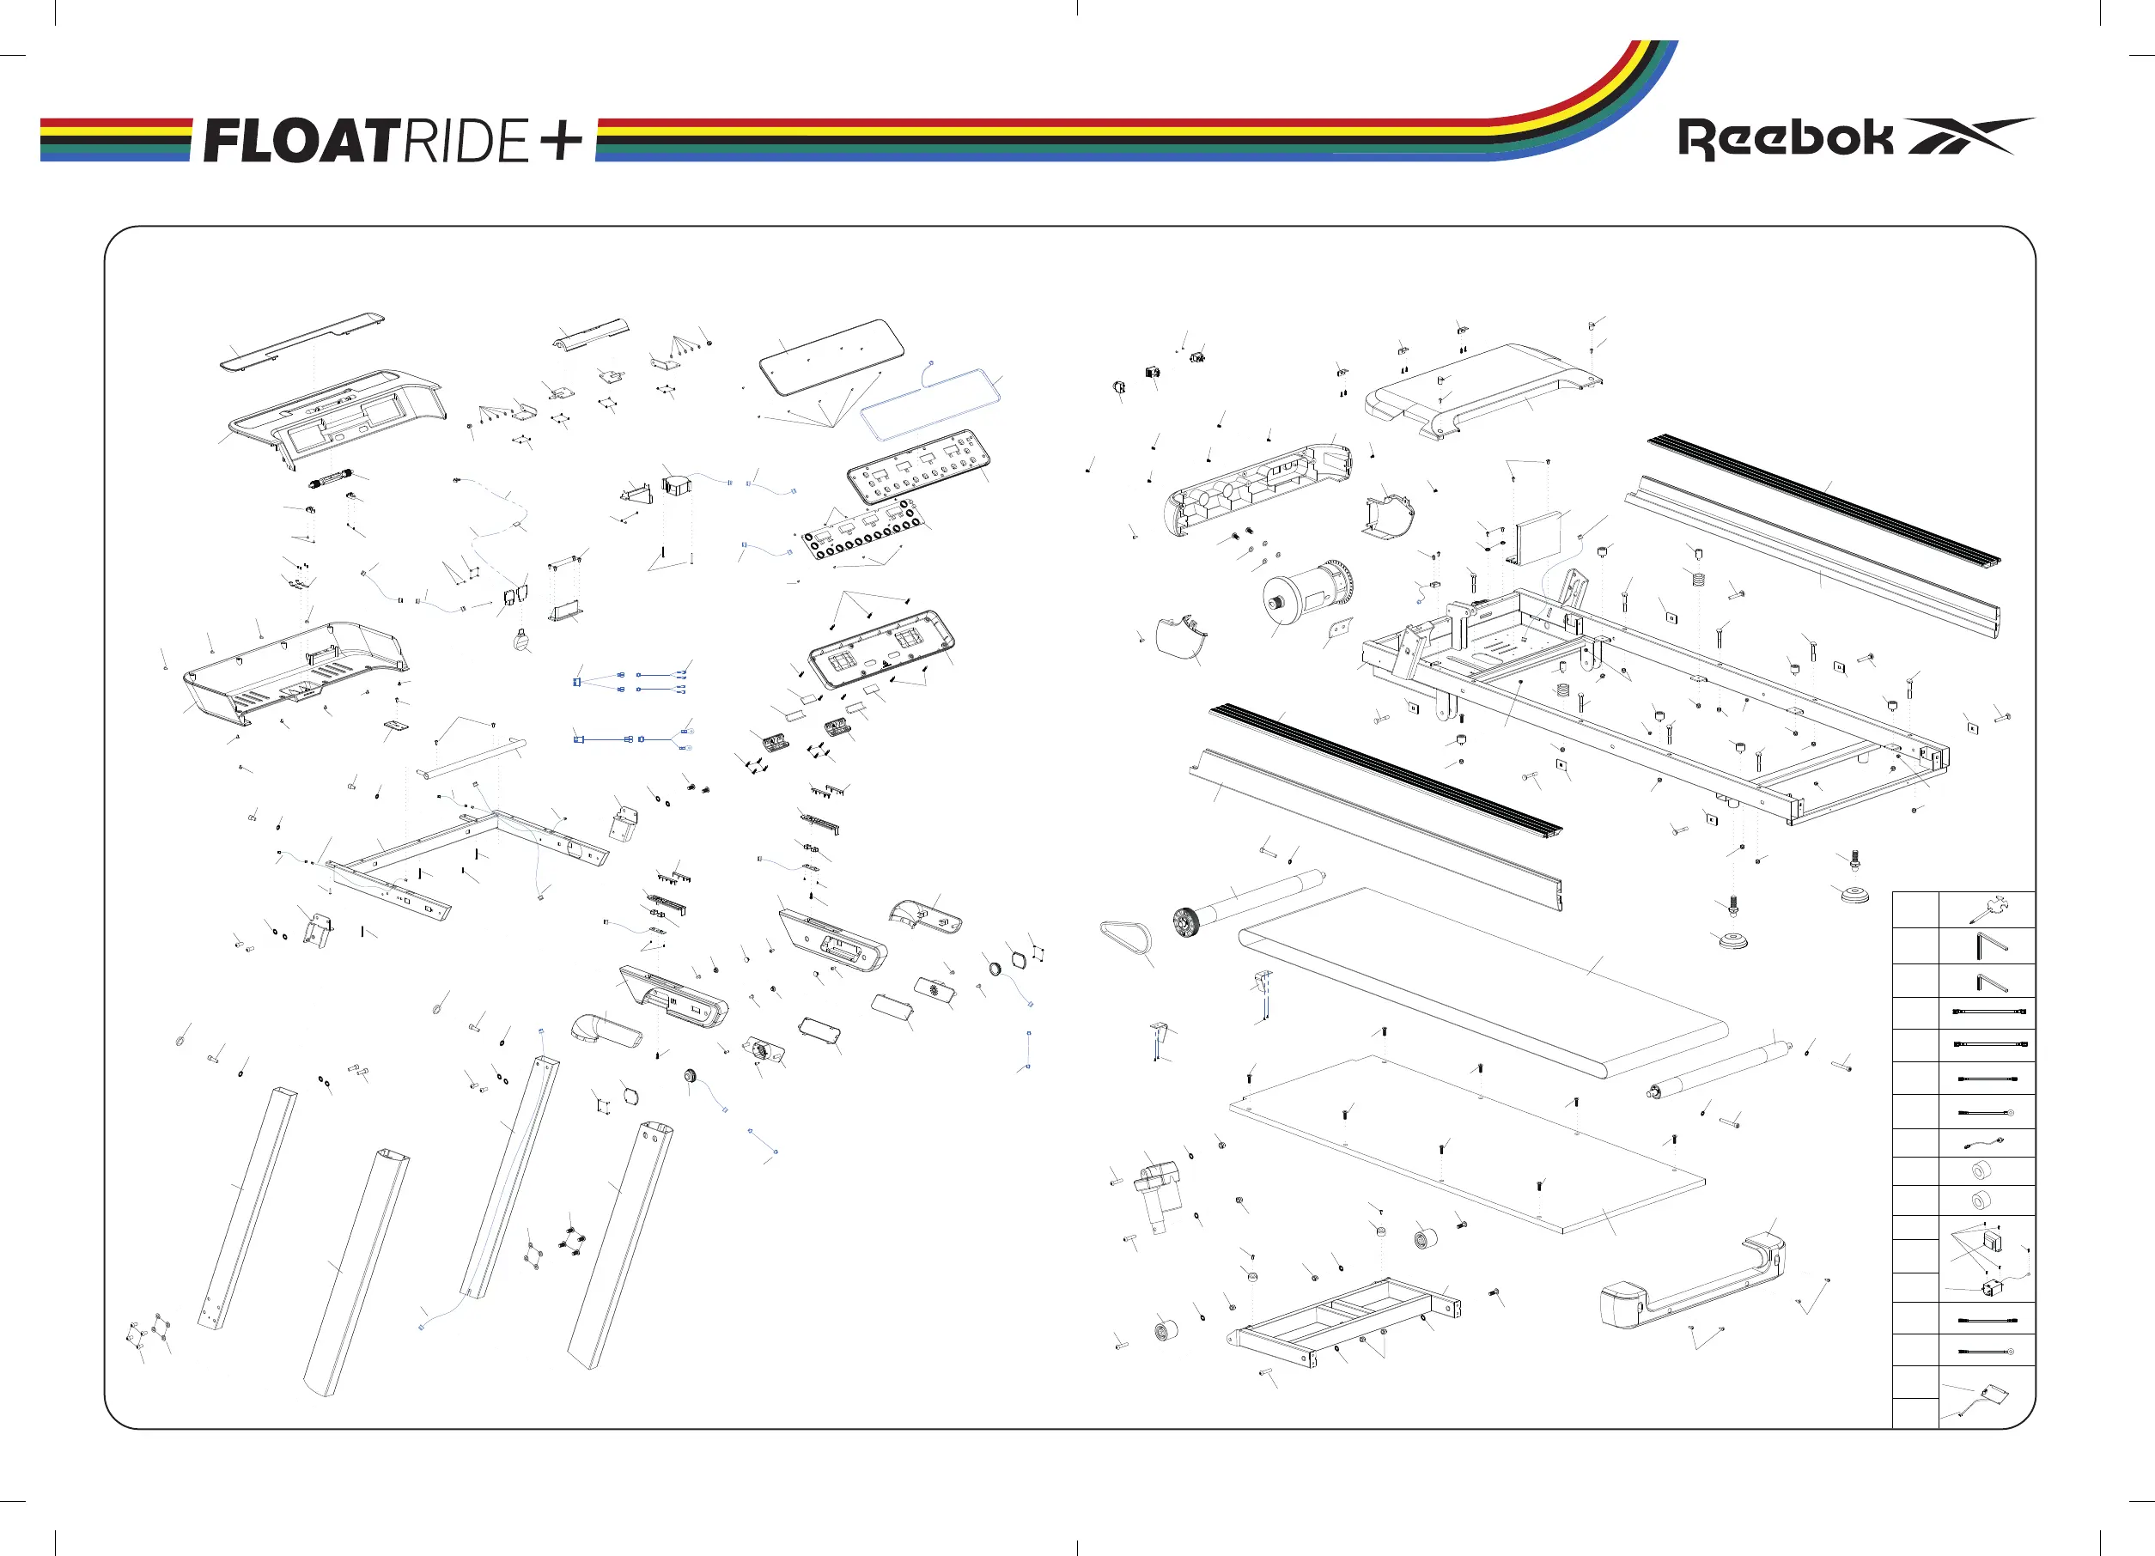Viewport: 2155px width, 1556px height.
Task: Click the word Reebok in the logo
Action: click(1785, 139)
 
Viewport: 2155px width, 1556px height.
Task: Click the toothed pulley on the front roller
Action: click(1185, 922)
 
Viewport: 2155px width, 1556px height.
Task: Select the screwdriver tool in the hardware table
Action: click(1987, 910)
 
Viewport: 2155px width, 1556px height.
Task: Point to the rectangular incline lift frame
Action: click(1349, 1321)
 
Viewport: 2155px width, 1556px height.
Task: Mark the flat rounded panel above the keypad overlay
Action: click(831, 356)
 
